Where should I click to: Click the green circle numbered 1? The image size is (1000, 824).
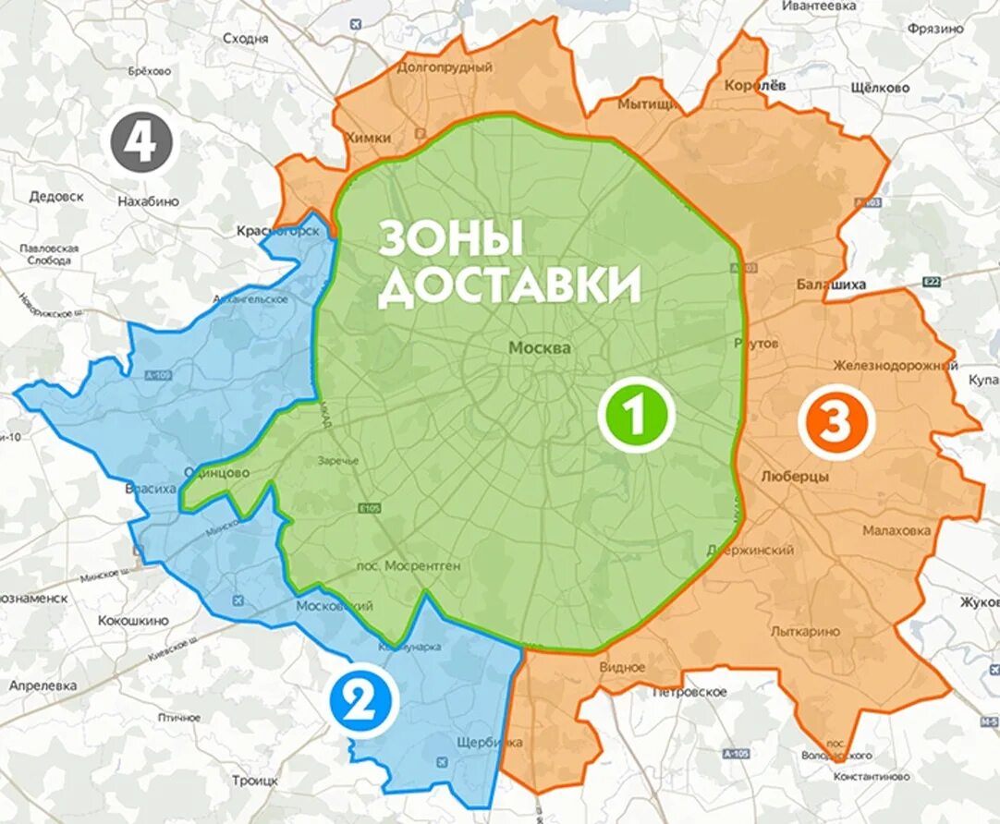click(x=635, y=416)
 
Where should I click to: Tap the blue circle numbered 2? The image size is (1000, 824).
click(x=360, y=703)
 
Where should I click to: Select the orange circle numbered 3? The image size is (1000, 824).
click(x=835, y=422)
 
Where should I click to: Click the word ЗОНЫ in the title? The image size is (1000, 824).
click(x=452, y=239)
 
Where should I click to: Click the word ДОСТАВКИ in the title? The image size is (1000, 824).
click(x=509, y=286)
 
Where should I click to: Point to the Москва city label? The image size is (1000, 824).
click(x=539, y=348)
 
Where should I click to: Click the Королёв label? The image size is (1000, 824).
click(x=756, y=84)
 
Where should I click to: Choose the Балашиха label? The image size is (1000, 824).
click(x=831, y=285)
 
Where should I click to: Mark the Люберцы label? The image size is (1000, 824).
click(x=795, y=477)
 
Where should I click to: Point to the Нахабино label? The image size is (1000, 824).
click(x=148, y=201)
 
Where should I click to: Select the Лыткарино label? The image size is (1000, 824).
click(x=805, y=632)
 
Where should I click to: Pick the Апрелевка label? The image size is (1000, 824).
click(x=43, y=686)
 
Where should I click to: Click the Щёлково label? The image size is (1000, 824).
click(x=880, y=88)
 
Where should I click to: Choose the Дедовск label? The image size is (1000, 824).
click(x=56, y=197)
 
